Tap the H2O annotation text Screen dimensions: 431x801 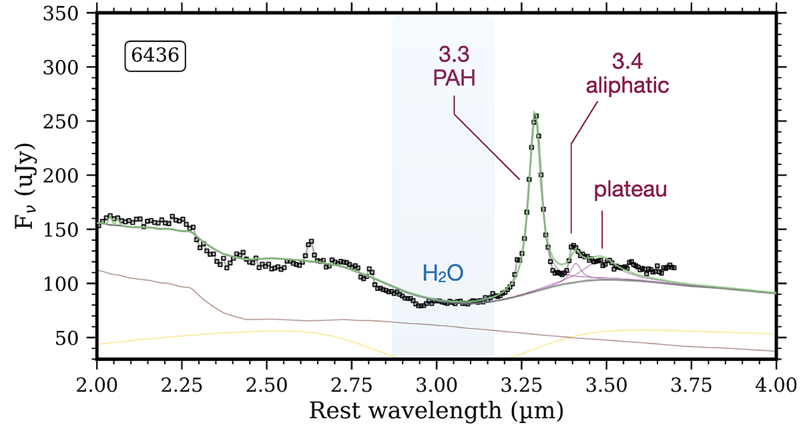[443, 272]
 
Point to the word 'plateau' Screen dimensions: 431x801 [631, 191]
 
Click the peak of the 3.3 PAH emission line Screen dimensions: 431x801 [535, 114]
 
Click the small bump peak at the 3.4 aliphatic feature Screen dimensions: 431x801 [573, 247]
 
